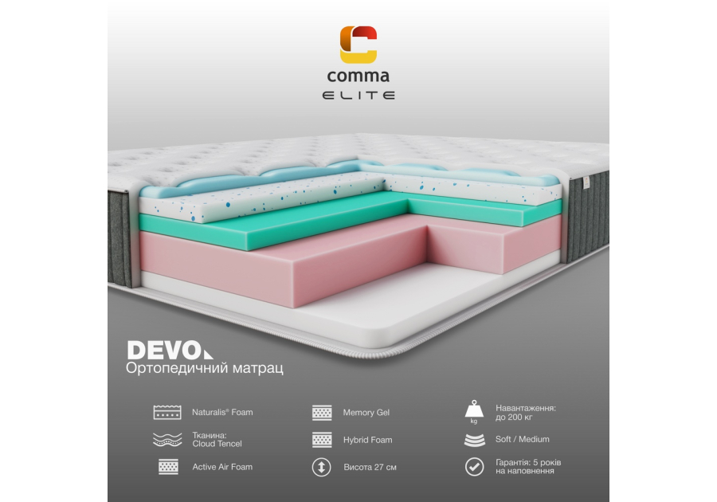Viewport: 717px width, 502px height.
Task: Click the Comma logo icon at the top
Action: (x=358, y=45)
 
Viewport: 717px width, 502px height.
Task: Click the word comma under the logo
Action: (x=358, y=77)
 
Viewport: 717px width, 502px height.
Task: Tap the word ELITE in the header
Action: (x=358, y=96)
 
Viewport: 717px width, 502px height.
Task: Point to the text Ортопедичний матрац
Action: (x=205, y=369)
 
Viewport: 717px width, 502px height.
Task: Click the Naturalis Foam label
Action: (x=222, y=413)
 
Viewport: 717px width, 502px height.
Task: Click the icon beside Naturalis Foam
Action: (x=167, y=413)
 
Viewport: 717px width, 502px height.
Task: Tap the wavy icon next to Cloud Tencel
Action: (x=167, y=439)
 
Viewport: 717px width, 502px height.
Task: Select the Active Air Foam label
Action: (x=222, y=467)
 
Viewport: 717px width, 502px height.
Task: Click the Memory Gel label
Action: (x=366, y=413)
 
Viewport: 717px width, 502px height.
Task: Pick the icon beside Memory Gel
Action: (x=321, y=413)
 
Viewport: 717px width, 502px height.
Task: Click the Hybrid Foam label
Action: (x=367, y=440)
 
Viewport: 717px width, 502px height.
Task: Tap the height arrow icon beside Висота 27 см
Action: (x=321, y=467)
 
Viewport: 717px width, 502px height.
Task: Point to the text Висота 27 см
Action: (x=370, y=467)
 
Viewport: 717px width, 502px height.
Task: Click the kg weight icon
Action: (x=474, y=411)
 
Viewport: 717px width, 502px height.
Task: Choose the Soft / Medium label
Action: (x=522, y=439)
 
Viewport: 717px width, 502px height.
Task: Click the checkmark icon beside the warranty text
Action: (x=474, y=467)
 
